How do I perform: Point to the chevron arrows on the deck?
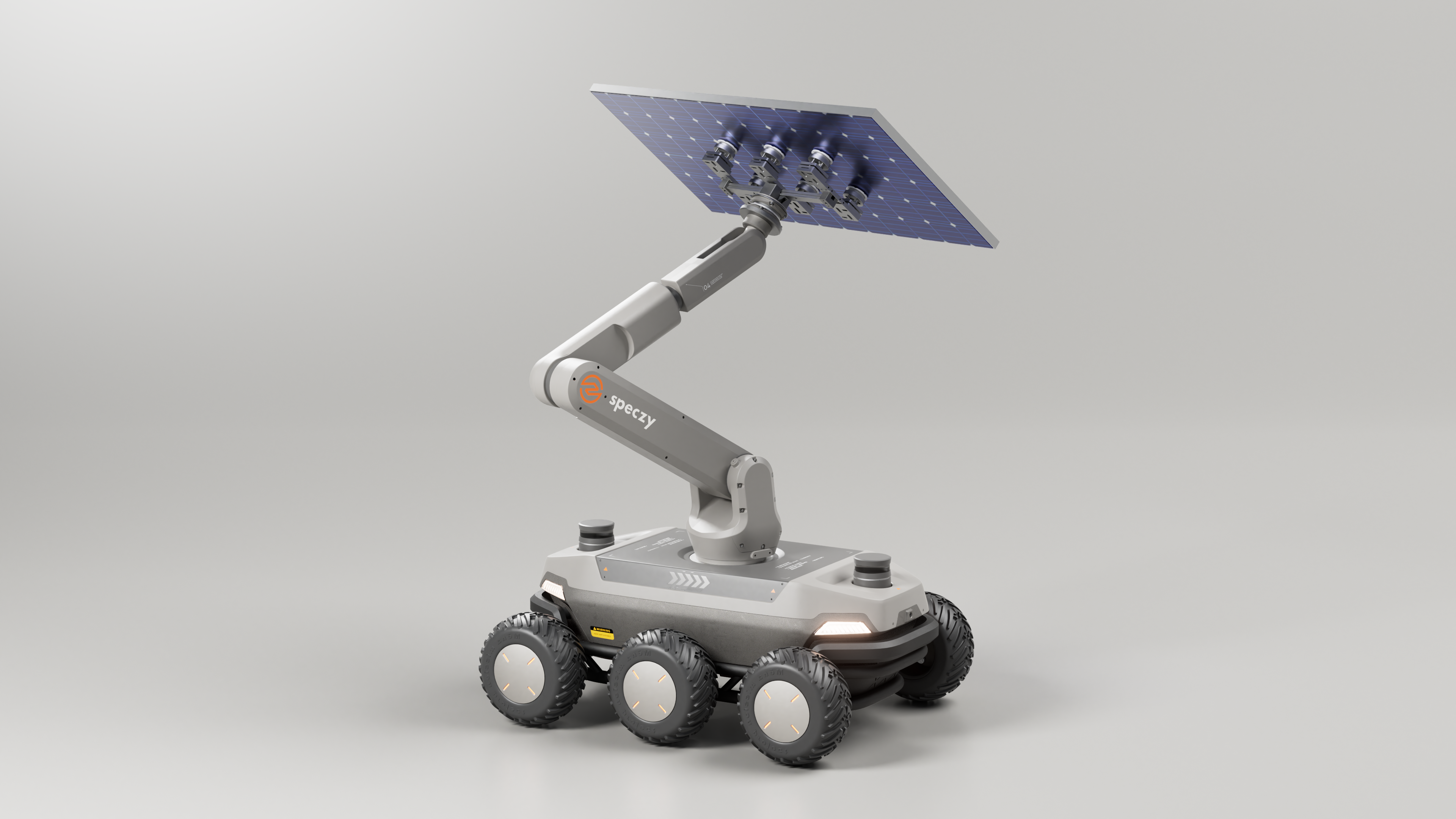pyautogui.click(x=689, y=579)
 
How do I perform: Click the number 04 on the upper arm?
pyautogui.click(x=706, y=287)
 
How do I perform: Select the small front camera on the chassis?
pyautogui.click(x=909, y=613)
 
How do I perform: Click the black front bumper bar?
pyautogui.click(x=871, y=644)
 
